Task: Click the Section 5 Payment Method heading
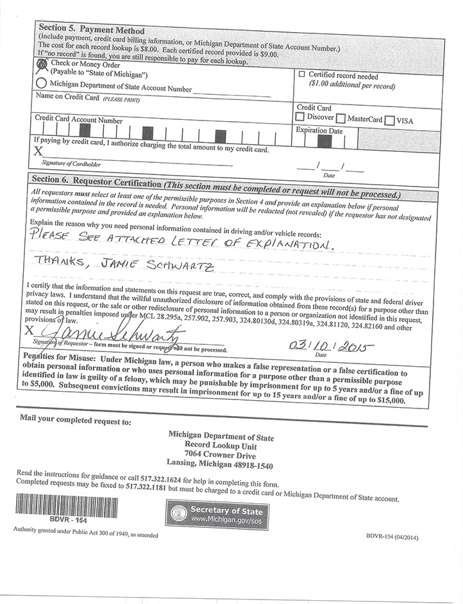pyautogui.click(x=92, y=29)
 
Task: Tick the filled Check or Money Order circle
pyautogui.click(x=42, y=65)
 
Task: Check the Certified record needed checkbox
pyautogui.click(x=303, y=74)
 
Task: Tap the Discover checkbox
pyautogui.click(x=299, y=118)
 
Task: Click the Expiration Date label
pyautogui.click(x=319, y=131)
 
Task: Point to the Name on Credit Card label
pyautogui.click(x=67, y=97)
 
